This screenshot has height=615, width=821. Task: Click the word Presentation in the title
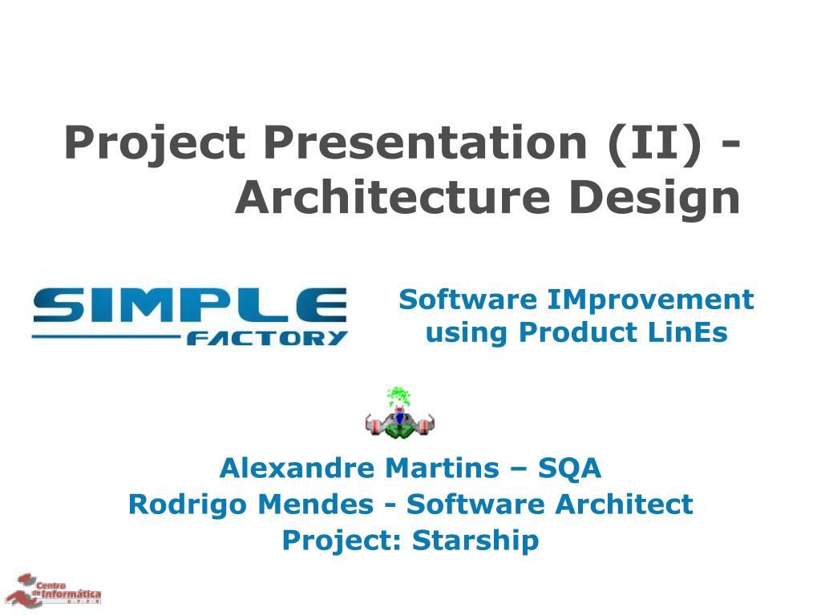point(425,143)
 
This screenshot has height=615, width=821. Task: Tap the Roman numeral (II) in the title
point(654,143)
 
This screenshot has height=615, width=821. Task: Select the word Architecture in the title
point(393,197)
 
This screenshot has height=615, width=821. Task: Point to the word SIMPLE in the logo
point(190,304)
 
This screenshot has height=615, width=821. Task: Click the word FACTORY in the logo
point(267,338)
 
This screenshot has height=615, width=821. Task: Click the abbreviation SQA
point(569,468)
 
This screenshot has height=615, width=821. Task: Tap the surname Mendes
point(316,504)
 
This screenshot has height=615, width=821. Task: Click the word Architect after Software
point(624,504)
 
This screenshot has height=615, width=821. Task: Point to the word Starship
point(475,541)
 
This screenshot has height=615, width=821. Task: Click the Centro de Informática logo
point(53,590)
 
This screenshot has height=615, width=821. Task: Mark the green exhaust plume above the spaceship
point(398,396)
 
